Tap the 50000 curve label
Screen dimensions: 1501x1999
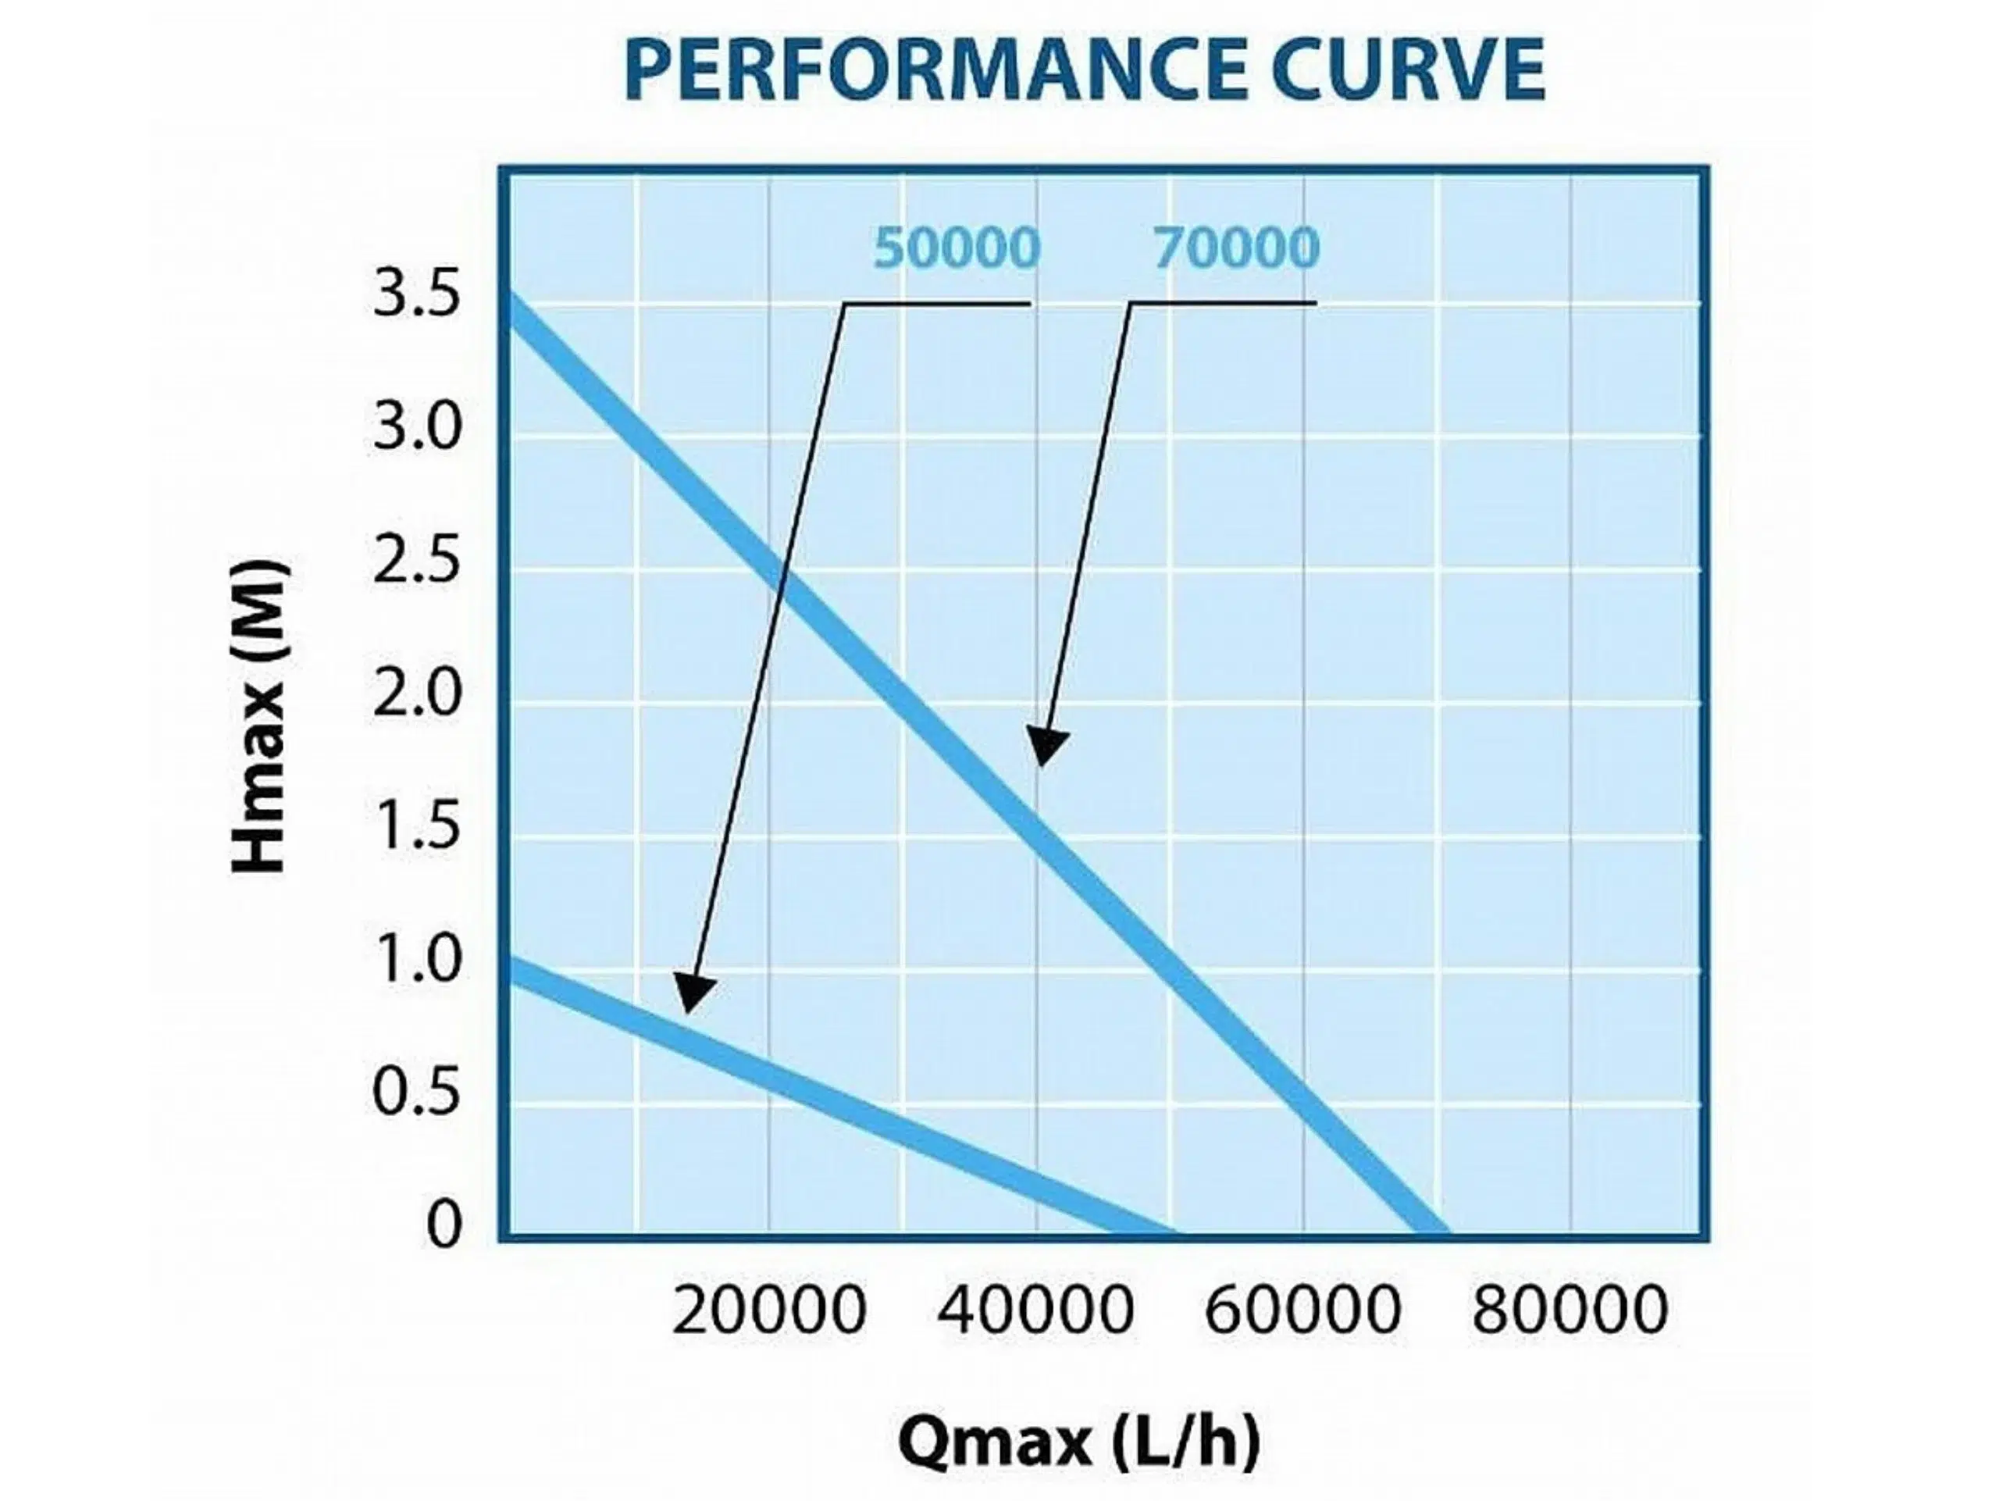[956, 248]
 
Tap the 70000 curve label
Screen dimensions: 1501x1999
[1235, 248]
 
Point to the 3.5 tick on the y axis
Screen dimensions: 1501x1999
[417, 298]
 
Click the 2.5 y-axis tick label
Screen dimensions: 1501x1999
[417, 563]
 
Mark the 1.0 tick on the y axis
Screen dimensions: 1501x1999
[417, 961]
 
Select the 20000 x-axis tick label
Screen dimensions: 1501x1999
[769, 1311]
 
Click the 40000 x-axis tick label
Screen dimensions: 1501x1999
[1035, 1311]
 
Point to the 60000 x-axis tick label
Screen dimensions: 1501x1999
[1303, 1311]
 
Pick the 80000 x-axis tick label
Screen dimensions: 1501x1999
[1570, 1311]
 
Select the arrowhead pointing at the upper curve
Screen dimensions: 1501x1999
[1046, 747]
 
